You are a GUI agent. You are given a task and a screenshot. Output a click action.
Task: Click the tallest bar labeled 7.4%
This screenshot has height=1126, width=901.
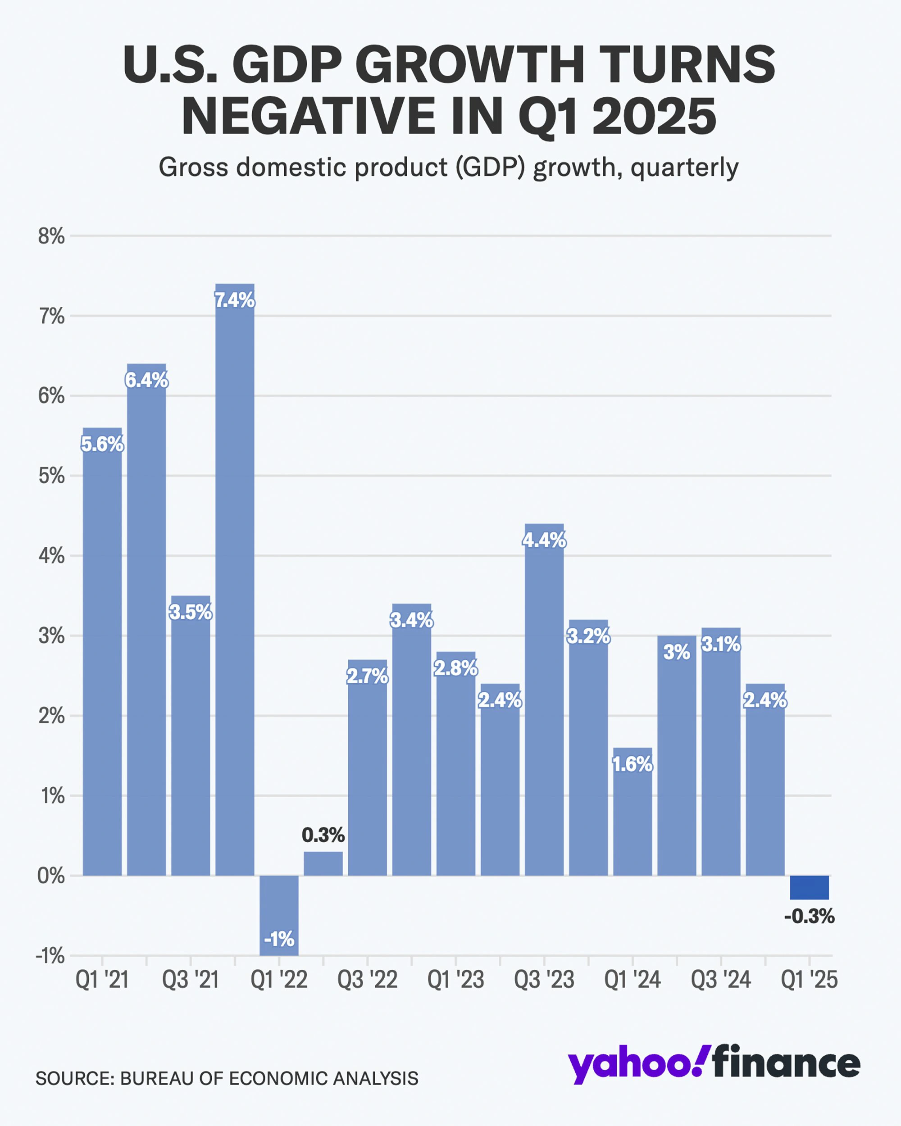pyautogui.click(x=235, y=575)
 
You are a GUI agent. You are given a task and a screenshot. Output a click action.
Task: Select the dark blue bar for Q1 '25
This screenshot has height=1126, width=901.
pyautogui.click(x=809, y=887)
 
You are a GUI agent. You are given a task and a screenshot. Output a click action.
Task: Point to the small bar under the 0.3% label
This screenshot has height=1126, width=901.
pyautogui.click(x=323, y=863)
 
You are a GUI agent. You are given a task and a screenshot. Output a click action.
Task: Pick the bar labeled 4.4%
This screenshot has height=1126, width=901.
pyautogui.click(x=544, y=700)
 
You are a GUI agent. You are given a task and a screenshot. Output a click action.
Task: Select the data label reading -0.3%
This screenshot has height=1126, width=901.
pyautogui.click(x=809, y=917)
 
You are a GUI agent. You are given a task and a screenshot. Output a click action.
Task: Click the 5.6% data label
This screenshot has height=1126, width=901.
pyautogui.click(x=102, y=445)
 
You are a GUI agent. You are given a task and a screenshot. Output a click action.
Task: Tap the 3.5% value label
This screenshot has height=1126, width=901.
pyautogui.click(x=191, y=612)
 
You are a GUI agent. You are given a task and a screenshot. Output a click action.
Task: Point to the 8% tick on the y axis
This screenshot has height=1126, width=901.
pyautogui.click(x=51, y=236)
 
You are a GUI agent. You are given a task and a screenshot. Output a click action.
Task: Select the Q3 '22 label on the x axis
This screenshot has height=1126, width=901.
pyautogui.click(x=367, y=980)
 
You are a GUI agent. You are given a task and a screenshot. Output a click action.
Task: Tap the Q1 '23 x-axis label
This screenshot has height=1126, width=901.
pyautogui.click(x=455, y=980)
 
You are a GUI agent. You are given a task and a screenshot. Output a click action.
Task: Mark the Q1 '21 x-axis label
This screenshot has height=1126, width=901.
pyautogui.click(x=102, y=980)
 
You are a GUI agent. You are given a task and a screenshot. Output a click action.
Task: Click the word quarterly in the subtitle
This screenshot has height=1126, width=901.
pyautogui.click(x=684, y=168)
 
